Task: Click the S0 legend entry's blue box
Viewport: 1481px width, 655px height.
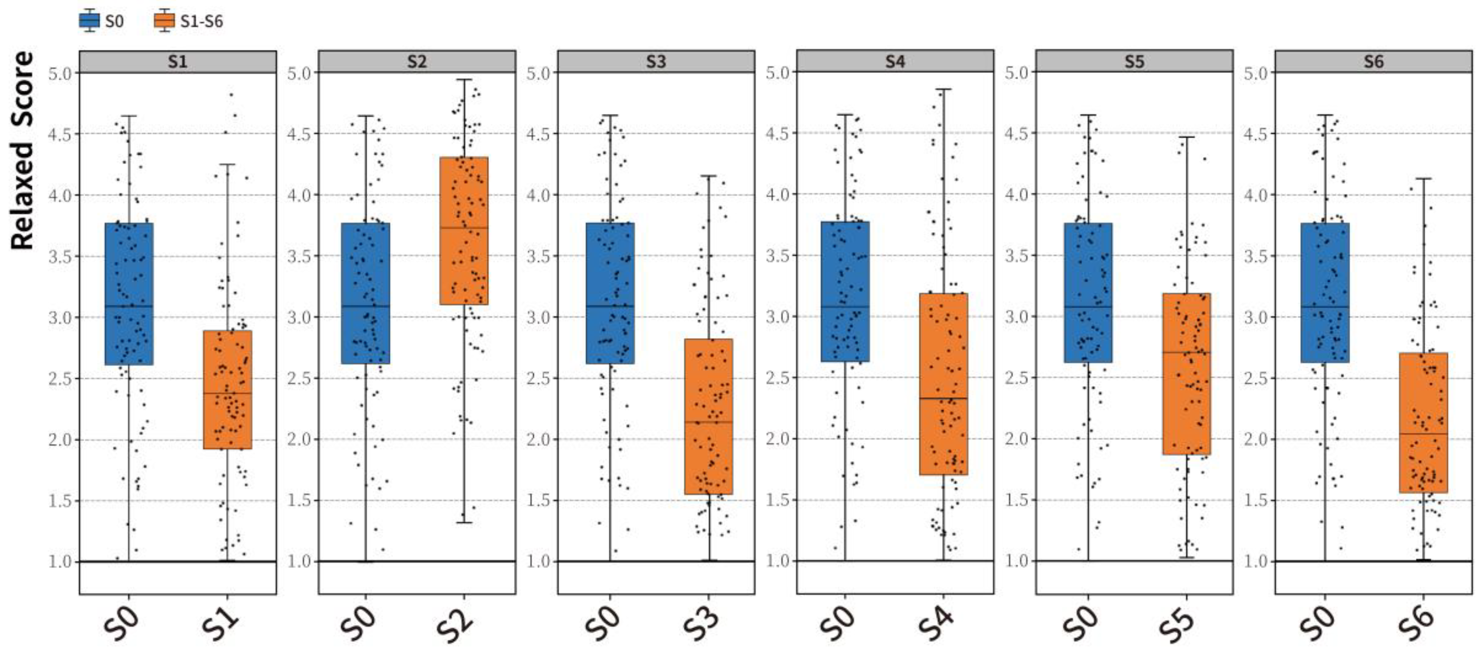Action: point(89,21)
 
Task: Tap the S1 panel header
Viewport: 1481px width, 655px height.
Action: point(177,61)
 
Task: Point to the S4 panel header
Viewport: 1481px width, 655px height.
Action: point(895,61)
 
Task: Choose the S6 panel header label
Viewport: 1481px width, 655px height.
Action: point(1374,61)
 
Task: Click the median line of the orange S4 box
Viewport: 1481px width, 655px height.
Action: point(944,398)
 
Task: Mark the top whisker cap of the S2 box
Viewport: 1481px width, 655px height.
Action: point(464,80)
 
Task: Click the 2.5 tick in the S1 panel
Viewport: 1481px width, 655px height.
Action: point(60,378)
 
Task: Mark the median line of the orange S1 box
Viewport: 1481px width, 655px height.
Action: point(227,393)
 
